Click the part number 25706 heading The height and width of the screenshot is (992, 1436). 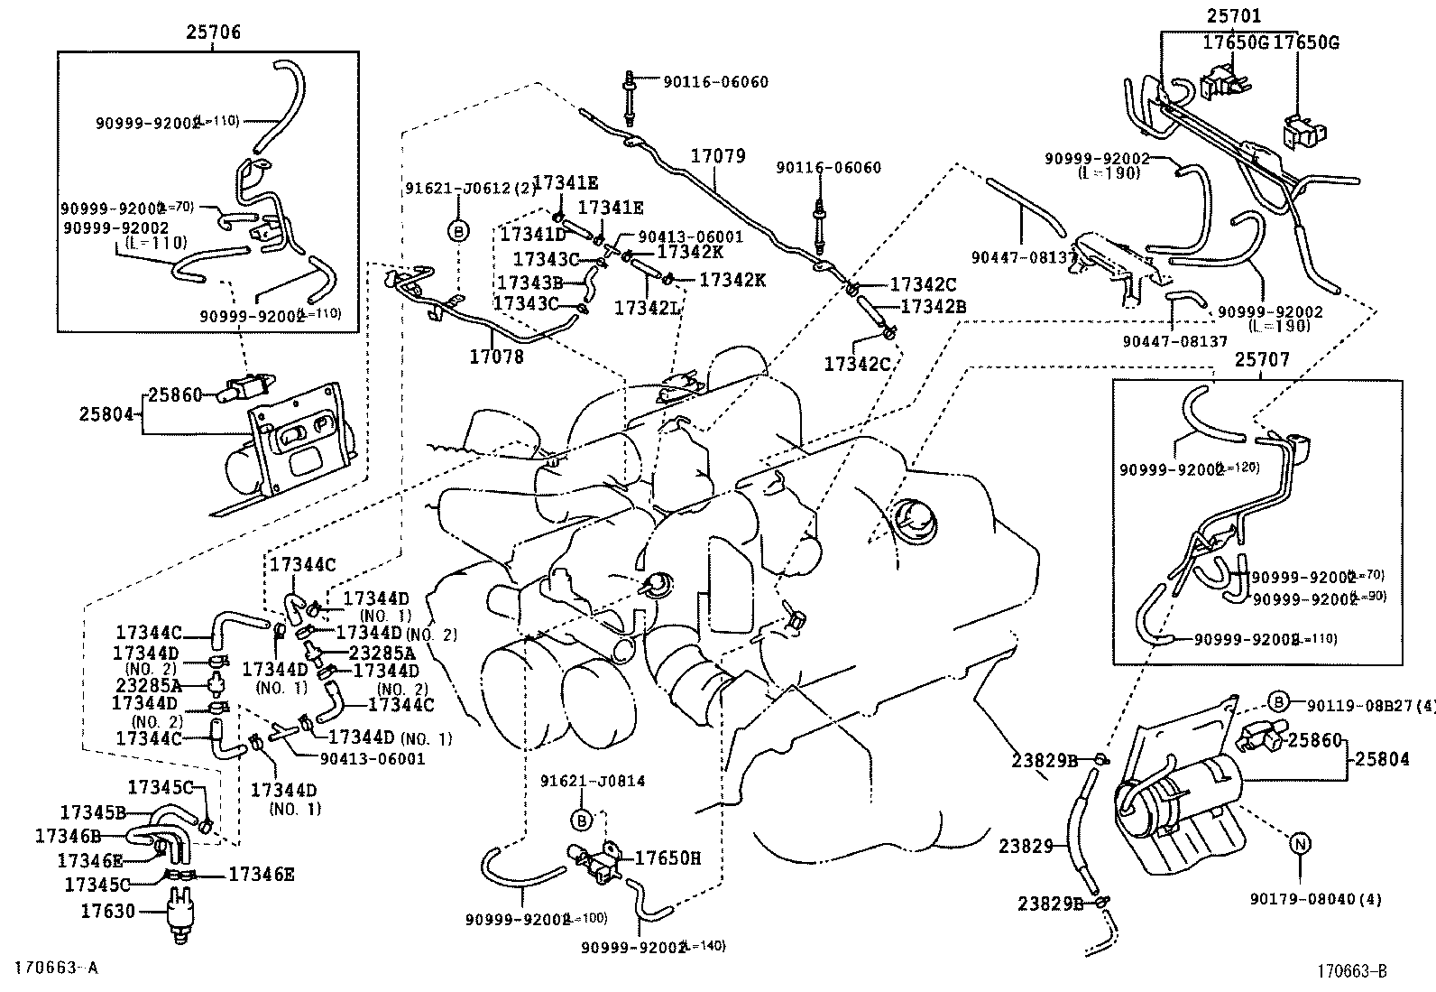(x=214, y=32)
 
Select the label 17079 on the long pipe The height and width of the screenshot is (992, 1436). (x=719, y=156)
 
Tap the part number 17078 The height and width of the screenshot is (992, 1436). (x=495, y=357)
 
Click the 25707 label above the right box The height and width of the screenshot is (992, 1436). (x=1262, y=360)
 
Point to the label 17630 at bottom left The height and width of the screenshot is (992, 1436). (x=107, y=911)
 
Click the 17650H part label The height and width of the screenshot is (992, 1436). (x=667, y=858)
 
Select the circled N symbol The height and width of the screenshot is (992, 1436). (x=1299, y=844)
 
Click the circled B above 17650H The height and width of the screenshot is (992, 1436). (x=583, y=820)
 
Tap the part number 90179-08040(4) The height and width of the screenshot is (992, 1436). (x=1315, y=899)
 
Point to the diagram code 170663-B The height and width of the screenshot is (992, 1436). (x=1350, y=971)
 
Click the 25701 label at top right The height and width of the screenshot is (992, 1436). (x=1234, y=16)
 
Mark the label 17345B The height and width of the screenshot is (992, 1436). (x=93, y=811)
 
